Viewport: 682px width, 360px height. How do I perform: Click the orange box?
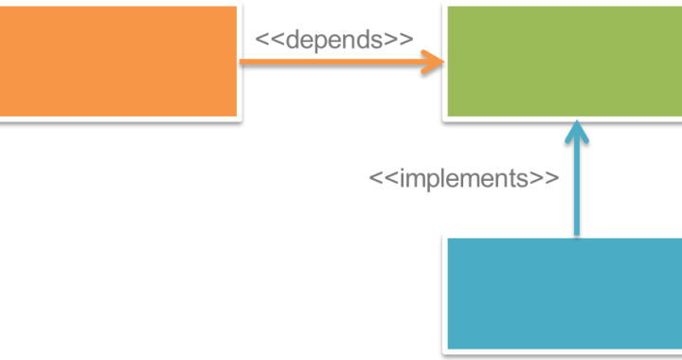117,62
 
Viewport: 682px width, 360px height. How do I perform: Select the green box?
564,62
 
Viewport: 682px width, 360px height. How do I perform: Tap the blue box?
565,294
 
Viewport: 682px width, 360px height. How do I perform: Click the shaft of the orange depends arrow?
332,63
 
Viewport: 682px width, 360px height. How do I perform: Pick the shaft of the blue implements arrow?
576,189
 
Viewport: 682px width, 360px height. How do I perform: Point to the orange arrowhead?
436,63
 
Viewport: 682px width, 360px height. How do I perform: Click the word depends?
334,40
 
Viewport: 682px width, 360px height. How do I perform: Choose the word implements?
463,178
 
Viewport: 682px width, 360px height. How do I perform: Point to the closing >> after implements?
544,178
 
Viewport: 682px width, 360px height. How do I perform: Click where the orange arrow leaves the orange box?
239,63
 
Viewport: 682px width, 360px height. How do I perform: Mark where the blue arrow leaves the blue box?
576,237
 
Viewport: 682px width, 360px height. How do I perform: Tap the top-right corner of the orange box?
236,8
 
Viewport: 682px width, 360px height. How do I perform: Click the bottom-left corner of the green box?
447,117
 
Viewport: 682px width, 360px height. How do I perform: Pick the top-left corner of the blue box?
448,239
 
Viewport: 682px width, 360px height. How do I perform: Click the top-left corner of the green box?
447,8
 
